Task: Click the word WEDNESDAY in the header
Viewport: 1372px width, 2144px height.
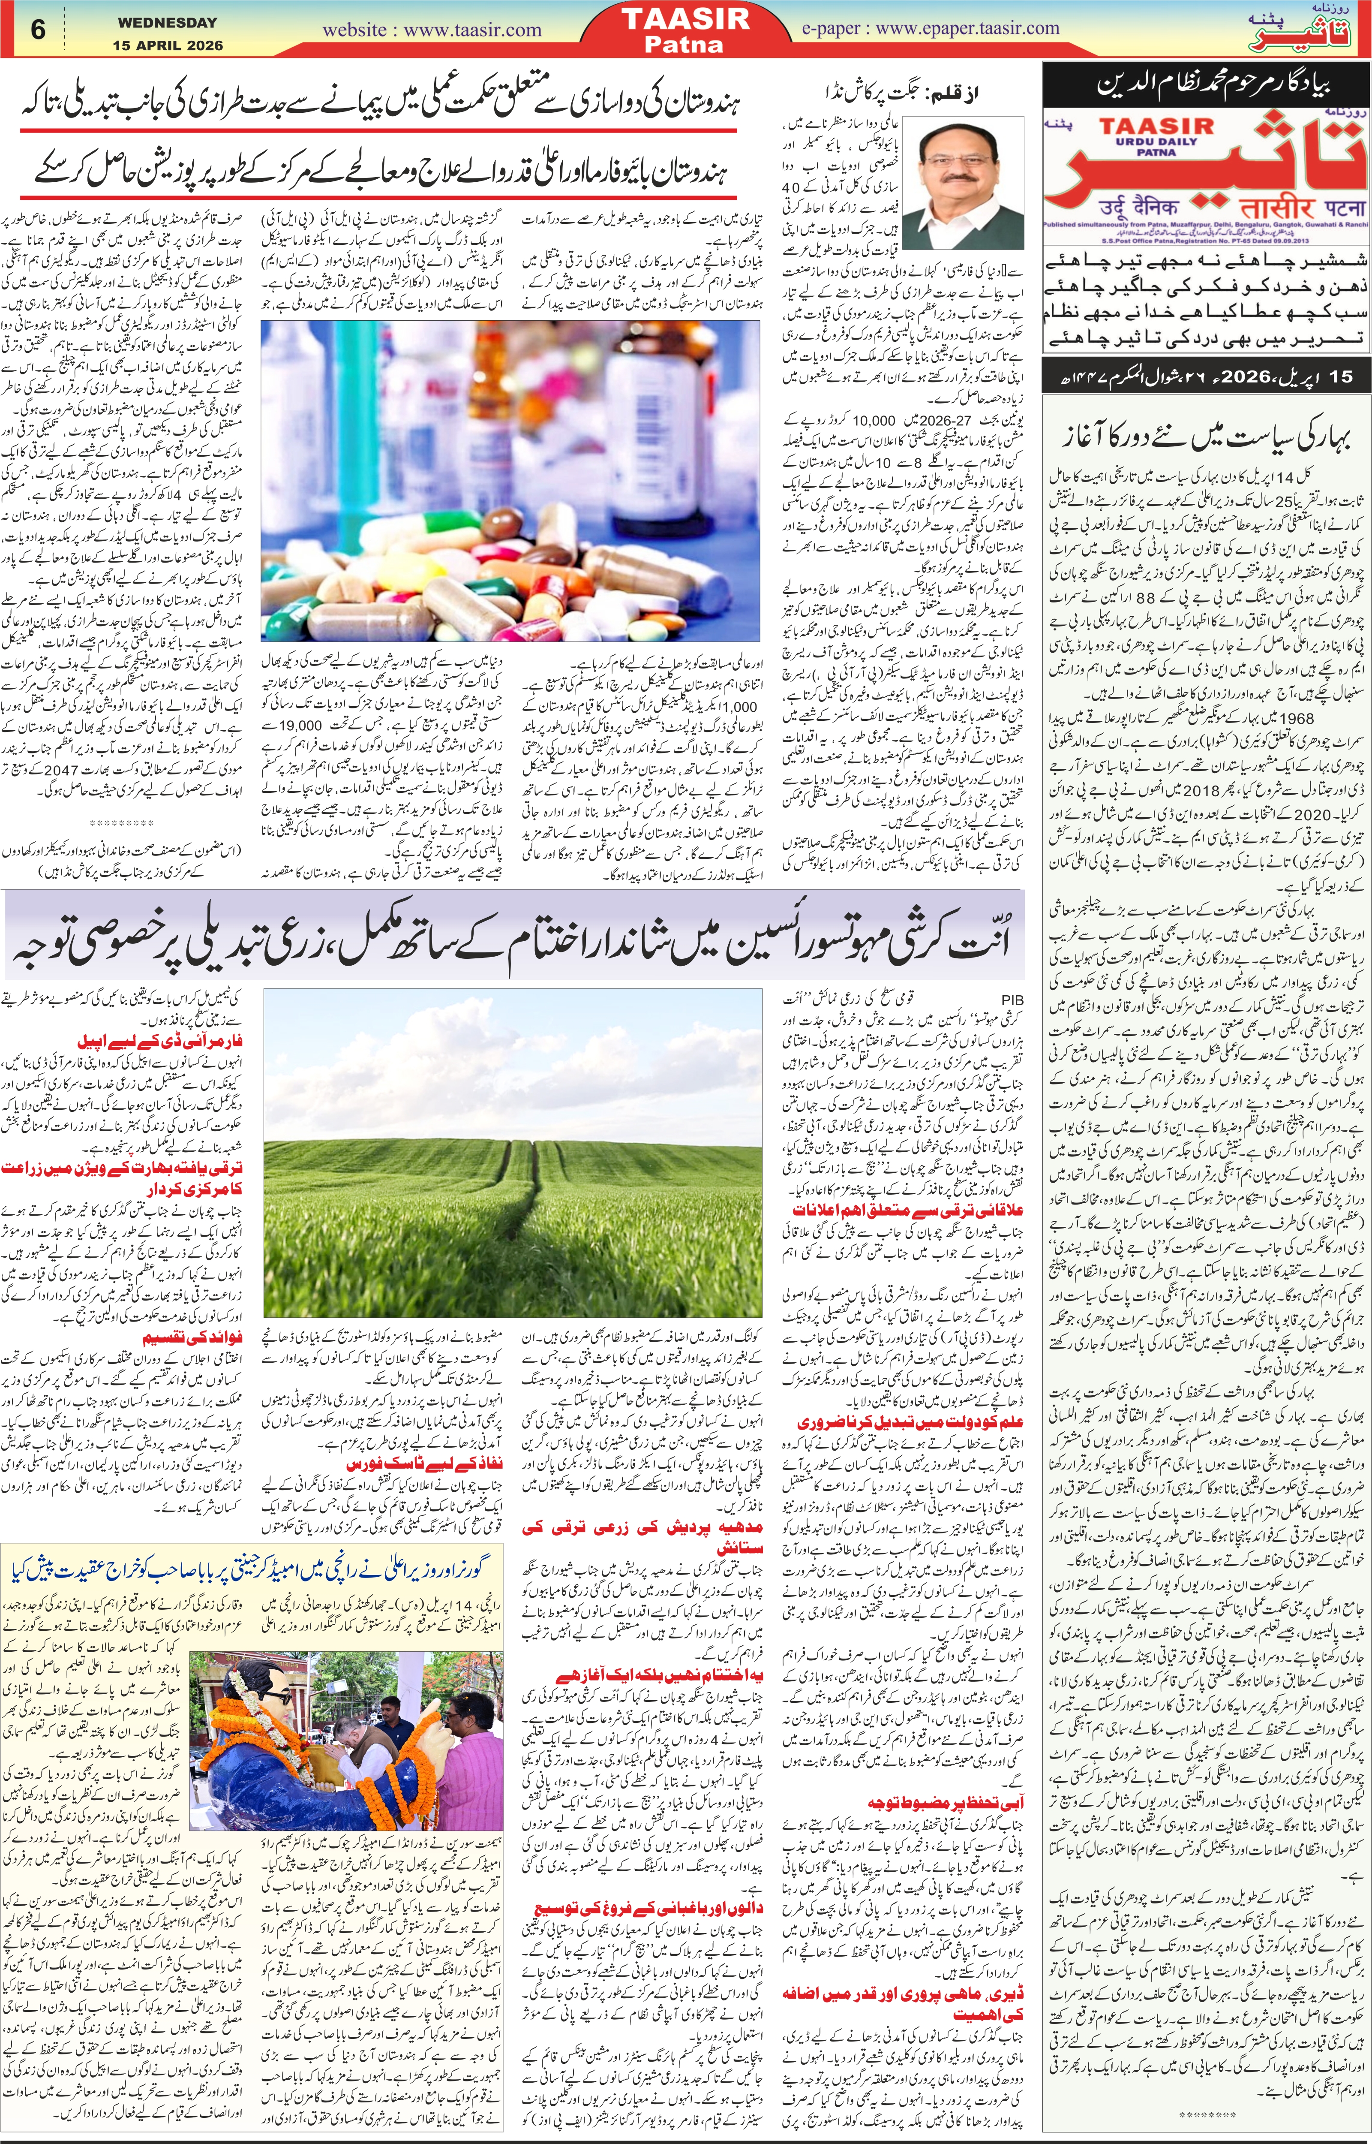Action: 168,22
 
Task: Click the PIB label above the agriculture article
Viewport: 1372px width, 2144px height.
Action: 1013,1000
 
